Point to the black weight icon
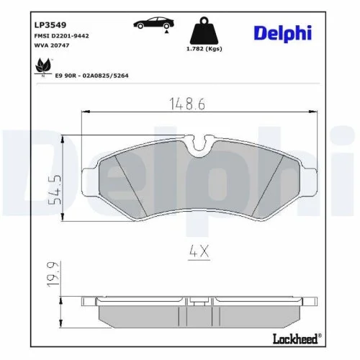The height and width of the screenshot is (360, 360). click(x=204, y=30)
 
